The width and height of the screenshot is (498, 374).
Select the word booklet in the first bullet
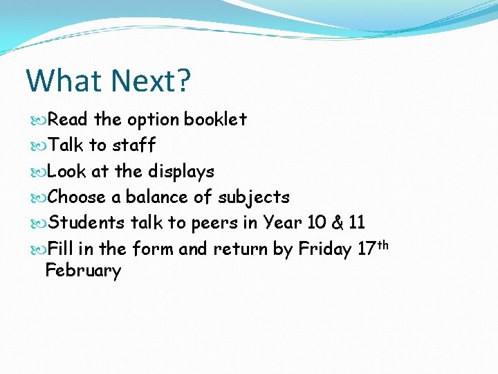[x=215, y=119]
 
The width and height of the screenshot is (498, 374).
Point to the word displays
[x=181, y=172]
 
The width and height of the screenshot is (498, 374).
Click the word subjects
[x=254, y=198]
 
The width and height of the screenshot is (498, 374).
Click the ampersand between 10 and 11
[x=337, y=223]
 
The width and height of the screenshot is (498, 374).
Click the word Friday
[x=325, y=249]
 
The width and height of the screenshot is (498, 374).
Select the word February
[x=83, y=271]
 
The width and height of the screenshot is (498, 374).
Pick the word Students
[x=87, y=223]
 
